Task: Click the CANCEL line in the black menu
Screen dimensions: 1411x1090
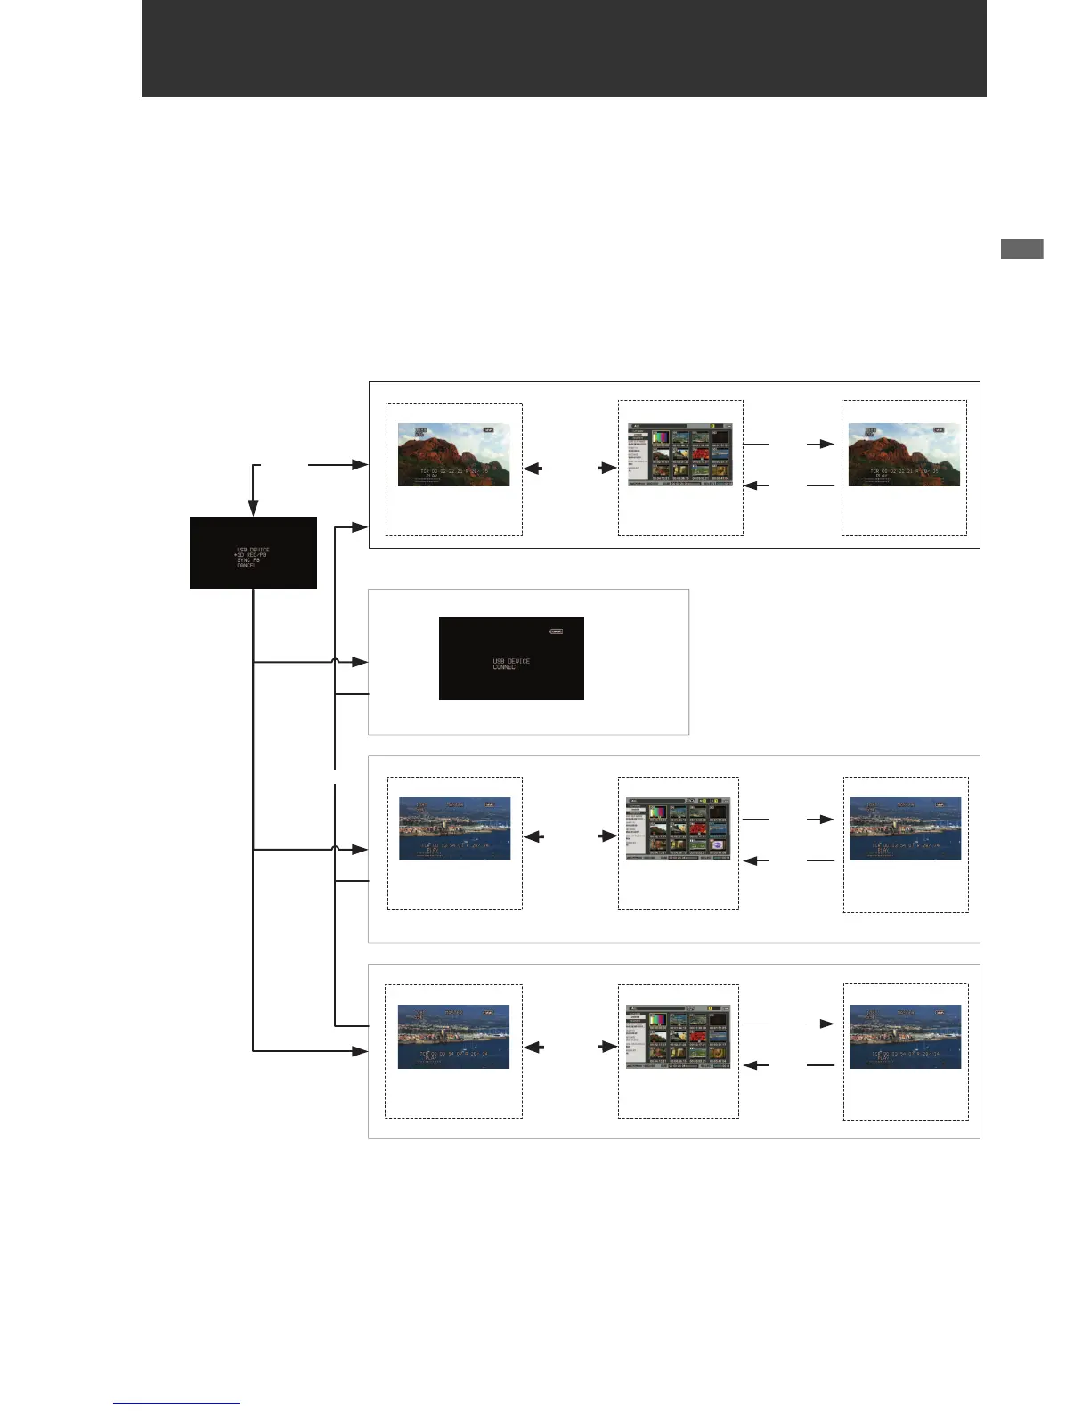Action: (247, 566)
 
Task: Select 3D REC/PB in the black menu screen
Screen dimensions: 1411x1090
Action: (251, 555)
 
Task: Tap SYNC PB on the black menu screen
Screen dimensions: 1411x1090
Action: (248, 560)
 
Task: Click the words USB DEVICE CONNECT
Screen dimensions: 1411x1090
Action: (511, 664)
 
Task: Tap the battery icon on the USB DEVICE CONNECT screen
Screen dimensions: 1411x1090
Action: (556, 632)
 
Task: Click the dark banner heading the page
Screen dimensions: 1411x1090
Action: (563, 48)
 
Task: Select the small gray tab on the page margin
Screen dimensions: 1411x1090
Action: (1021, 249)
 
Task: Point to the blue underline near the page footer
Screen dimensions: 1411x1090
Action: (176, 1404)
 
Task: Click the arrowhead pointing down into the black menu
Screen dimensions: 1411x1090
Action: (253, 508)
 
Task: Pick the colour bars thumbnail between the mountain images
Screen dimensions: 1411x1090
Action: (660, 438)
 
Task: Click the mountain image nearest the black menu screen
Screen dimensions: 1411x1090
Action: (453, 454)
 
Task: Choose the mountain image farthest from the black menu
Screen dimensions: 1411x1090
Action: (904, 454)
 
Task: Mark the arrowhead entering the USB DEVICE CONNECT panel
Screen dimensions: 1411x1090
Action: (360, 662)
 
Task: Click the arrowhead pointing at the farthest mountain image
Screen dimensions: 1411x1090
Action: (827, 443)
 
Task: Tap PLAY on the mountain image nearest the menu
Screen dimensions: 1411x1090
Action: (432, 477)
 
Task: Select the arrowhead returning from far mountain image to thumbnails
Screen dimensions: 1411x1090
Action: (750, 485)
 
